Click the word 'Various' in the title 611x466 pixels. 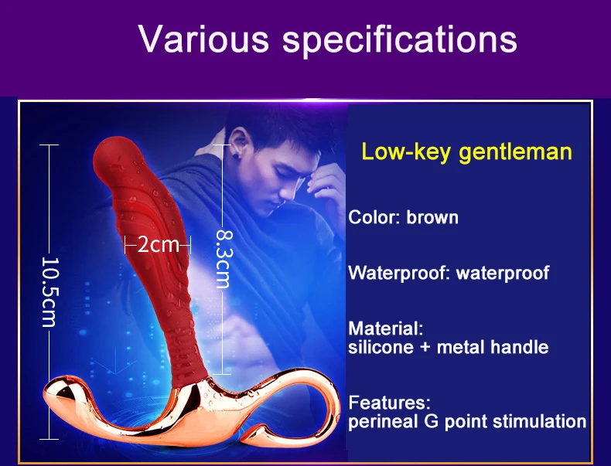click(x=203, y=39)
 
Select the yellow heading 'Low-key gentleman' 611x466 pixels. click(x=466, y=151)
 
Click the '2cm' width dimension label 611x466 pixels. click(x=158, y=245)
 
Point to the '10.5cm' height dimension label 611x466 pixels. click(x=49, y=292)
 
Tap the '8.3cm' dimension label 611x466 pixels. click(x=224, y=259)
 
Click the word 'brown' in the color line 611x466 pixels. click(x=432, y=218)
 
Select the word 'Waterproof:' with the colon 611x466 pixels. click(x=399, y=273)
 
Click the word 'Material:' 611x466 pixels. click(x=385, y=328)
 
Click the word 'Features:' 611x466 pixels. click(x=389, y=403)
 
